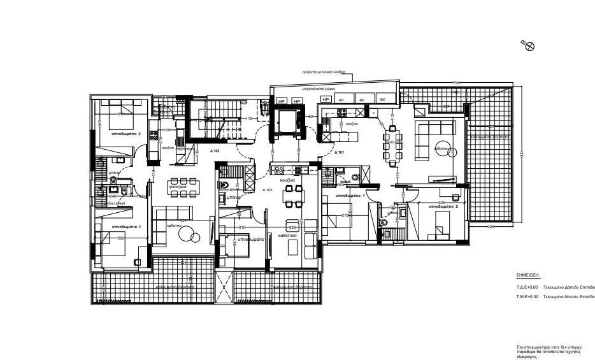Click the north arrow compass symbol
click(529, 45)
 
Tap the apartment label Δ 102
click(214, 152)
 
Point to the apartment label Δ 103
click(268, 191)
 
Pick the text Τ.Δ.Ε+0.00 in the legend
click(527, 287)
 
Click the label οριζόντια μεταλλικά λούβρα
click(324, 73)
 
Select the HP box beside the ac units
click(326, 100)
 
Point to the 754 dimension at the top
click(455, 83)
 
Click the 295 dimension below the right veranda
click(491, 227)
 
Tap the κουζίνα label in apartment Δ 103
click(287, 181)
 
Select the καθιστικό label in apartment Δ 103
click(287, 234)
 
